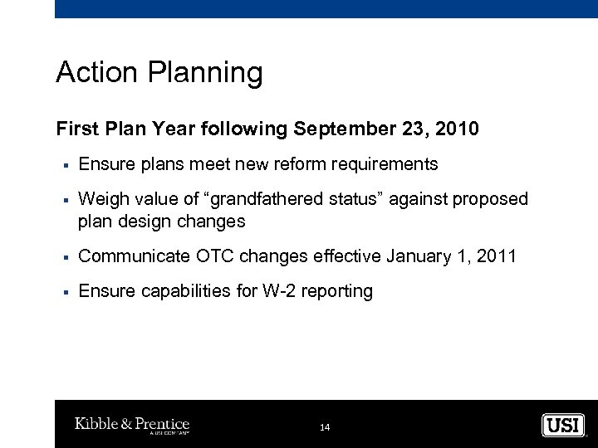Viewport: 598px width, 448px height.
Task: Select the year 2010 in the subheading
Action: coord(458,129)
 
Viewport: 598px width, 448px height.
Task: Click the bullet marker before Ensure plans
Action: coord(63,165)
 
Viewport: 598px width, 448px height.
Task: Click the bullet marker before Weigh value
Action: coord(63,200)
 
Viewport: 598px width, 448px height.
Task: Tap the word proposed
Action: coord(489,200)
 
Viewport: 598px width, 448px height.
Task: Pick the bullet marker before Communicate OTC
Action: coord(63,257)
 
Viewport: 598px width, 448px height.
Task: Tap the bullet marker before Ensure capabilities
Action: coord(63,292)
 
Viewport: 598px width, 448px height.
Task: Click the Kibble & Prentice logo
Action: coord(132,426)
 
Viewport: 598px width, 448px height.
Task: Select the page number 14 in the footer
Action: coord(325,427)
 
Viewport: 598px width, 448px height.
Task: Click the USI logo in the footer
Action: coord(562,425)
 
